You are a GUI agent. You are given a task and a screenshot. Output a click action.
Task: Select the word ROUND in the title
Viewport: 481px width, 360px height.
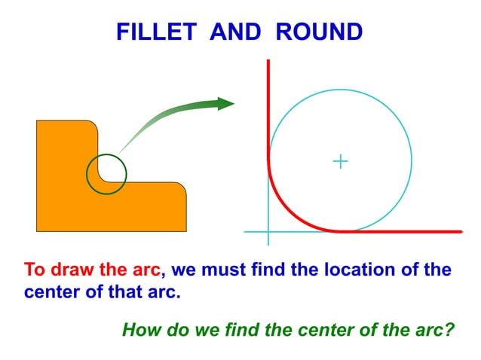[319, 32]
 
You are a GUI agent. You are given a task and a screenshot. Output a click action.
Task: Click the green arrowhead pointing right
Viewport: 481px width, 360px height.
[225, 104]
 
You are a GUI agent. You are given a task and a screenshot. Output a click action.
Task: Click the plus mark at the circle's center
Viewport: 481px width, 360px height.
[341, 160]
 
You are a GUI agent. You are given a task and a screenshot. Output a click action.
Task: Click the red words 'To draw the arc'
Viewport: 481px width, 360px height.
[92, 270]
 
